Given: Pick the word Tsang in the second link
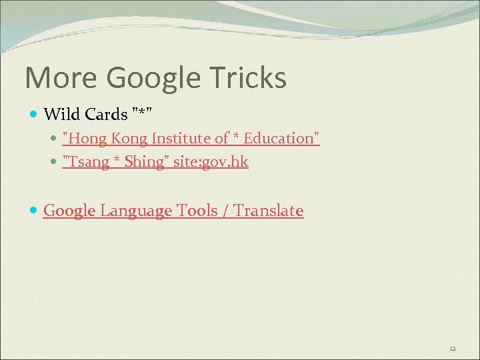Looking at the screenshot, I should [83, 162].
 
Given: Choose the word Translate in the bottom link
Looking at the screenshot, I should [269, 211].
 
